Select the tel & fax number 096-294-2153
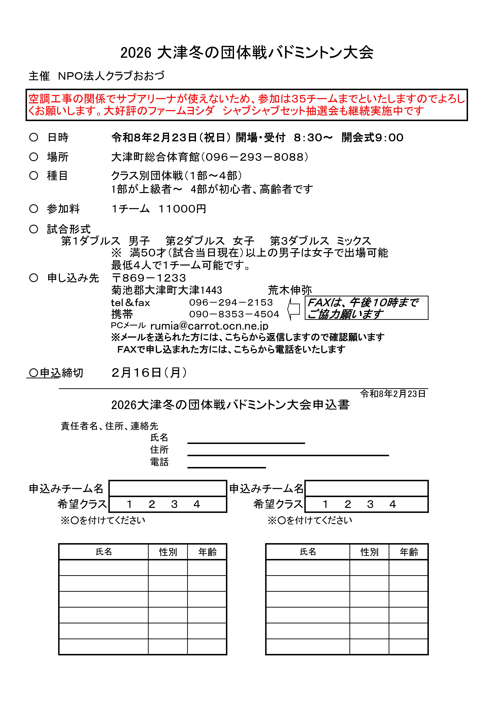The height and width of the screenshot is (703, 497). click(x=231, y=303)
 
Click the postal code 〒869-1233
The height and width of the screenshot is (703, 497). click(x=149, y=278)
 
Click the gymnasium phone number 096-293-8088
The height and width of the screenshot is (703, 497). click(x=257, y=157)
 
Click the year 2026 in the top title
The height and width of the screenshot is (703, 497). click(x=136, y=53)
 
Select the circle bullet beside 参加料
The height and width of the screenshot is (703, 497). click(x=34, y=209)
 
